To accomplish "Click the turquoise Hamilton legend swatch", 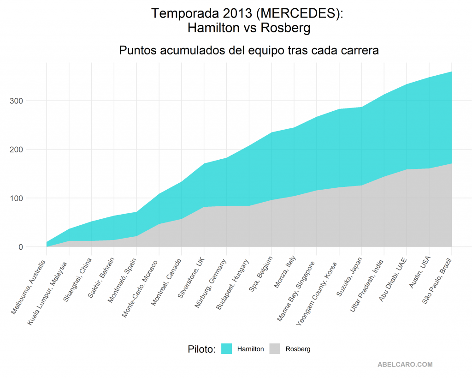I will click(x=226, y=349).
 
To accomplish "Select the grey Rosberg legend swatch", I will click(x=275, y=349).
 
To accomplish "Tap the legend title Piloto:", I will click(x=202, y=349).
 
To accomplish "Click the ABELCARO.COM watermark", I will click(x=405, y=365).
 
